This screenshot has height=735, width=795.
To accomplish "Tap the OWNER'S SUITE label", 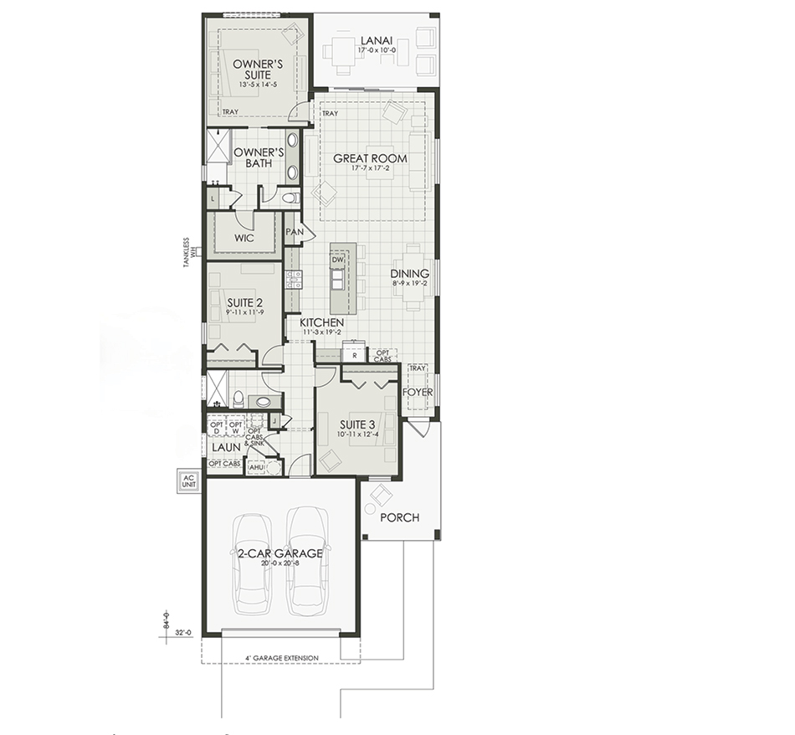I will [x=258, y=69].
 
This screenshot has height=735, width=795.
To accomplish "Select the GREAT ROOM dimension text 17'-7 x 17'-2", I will [x=370, y=169].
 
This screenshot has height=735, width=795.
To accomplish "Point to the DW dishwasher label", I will [x=338, y=260].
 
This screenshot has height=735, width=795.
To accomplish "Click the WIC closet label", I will [x=244, y=238].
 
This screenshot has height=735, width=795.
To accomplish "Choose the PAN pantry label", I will [x=294, y=232].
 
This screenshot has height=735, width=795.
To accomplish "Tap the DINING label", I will [x=410, y=274].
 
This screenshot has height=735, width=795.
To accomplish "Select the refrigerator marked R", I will [x=355, y=355].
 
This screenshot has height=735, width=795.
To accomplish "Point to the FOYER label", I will [x=417, y=391].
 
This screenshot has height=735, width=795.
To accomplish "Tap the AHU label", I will [x=269, y=468].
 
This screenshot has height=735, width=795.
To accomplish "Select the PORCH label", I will [x=399, y=517].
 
